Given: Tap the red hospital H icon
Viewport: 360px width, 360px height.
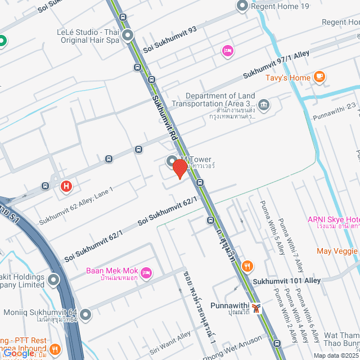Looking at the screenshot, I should point(66,185).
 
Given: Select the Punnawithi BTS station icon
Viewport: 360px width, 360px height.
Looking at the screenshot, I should point(256,308).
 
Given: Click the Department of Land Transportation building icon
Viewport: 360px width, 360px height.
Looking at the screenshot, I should point(264,104).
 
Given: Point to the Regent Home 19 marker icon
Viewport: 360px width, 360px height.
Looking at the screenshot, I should point(242,6).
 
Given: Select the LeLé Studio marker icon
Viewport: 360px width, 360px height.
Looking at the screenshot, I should point(128,36).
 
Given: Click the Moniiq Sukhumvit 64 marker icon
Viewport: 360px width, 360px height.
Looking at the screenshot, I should point(85,314).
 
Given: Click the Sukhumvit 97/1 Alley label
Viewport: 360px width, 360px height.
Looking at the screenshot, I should point(276,65).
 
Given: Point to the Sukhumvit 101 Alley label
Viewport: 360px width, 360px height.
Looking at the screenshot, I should point(286,280).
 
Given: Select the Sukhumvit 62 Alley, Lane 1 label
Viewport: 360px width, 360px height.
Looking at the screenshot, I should point(76,206).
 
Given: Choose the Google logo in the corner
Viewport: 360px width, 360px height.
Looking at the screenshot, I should point(19,353).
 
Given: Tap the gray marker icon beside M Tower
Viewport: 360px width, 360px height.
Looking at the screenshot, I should point(172,161).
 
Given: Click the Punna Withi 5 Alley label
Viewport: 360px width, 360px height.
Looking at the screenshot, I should point(268,228).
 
